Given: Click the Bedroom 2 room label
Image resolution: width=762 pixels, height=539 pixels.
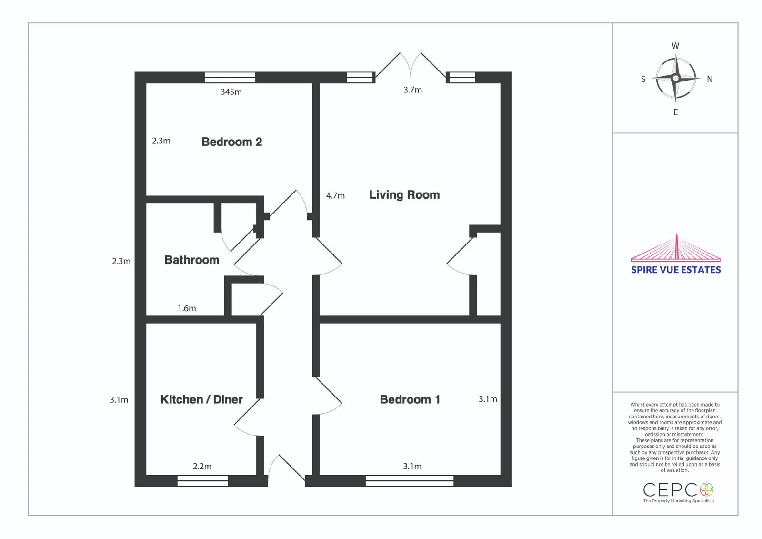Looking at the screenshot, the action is [x=231, y=142].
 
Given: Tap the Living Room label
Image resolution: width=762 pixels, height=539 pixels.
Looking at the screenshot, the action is [x=404, y=195].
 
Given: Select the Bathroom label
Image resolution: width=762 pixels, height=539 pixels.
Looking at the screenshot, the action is [x=191, y=260].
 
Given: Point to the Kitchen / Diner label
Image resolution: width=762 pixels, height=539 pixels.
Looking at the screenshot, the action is [x=201, y=399].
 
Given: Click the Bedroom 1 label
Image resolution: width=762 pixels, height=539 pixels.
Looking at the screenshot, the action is [x=410, y=399].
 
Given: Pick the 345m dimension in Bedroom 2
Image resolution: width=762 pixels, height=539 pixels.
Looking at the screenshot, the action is [x=231, y=92].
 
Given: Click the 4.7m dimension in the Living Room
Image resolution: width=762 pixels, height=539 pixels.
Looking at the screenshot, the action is [x=335, y=195].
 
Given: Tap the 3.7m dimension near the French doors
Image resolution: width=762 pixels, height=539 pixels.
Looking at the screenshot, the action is [x=412, y=90].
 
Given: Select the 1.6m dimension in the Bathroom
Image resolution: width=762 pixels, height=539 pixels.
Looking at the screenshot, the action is [x=186, y=308].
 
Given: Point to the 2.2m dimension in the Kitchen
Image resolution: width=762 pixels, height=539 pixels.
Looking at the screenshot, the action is [x=202, y=466].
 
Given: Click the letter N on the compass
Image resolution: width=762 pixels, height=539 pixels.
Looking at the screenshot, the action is [x=710, y=79].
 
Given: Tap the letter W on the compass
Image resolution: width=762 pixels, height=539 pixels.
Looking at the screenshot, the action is [x=675, y=46].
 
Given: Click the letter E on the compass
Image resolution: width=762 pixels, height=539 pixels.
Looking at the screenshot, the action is [x=676, y=112].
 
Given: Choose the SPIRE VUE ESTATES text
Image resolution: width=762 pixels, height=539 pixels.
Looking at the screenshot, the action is [x=676, y=270].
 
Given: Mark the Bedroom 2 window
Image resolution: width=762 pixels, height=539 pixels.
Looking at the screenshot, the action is [x=230, y=77].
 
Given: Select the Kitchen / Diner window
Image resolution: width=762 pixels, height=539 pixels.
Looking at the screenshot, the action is [x=203, y=481].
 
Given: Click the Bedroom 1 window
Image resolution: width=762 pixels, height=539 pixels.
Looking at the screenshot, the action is [x=410, y=481].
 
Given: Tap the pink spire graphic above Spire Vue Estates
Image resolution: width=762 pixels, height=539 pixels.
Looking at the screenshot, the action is [x=676, y=248].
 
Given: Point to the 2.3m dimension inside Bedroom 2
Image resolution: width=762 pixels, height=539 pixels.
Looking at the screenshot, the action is [x=161, y=141].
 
